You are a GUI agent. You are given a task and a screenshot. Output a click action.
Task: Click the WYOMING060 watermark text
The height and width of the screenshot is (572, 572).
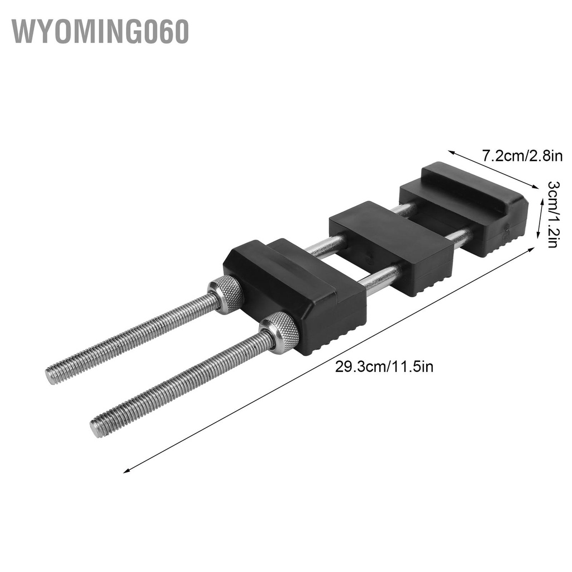pos(100,32)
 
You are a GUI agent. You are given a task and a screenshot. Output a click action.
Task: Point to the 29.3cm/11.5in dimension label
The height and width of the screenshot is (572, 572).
pos(384,367)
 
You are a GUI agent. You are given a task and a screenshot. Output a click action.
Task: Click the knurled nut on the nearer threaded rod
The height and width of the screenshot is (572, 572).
pos(279,332)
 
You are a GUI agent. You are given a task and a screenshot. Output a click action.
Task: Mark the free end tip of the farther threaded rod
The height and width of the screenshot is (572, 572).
pos(51,376)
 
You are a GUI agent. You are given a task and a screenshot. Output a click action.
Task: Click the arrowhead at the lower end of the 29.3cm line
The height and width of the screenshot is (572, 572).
pos(126,470)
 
